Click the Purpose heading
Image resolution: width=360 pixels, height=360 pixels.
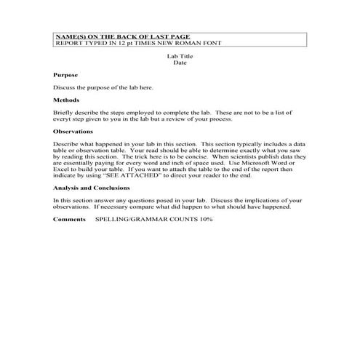(65, 75)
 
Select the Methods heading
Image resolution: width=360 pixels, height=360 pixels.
(66, 100)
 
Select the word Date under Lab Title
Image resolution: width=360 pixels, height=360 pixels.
(180, 63)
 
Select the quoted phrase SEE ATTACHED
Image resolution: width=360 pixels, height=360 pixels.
(135, 175)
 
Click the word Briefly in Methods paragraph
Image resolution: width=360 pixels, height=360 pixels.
(64, 113)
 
